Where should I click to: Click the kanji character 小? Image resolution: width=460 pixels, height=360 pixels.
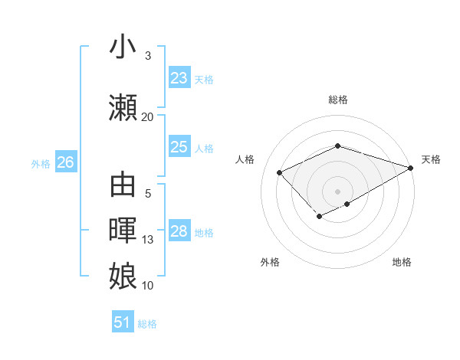123,47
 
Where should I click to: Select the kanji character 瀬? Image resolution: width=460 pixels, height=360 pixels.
123,108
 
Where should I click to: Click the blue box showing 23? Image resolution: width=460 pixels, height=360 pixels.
179,78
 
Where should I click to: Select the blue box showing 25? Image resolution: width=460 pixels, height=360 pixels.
179,147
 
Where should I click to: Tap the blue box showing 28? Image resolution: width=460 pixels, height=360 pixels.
179,231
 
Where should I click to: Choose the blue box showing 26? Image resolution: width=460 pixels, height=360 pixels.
65,162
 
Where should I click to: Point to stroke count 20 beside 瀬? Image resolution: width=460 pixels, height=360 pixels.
147,116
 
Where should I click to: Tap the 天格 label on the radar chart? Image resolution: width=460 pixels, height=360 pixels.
431,159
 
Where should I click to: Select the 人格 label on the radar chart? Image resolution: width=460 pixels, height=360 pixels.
245,159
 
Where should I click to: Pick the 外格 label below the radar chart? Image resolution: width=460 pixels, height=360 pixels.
270,262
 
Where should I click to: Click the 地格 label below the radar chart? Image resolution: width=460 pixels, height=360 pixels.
402,262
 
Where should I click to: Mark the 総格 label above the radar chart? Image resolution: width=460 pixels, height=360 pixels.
337,100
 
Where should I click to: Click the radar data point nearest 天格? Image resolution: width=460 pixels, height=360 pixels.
412,167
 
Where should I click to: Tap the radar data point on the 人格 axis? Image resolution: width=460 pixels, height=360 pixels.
280,172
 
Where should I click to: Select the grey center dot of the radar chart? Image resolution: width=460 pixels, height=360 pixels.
337,191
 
